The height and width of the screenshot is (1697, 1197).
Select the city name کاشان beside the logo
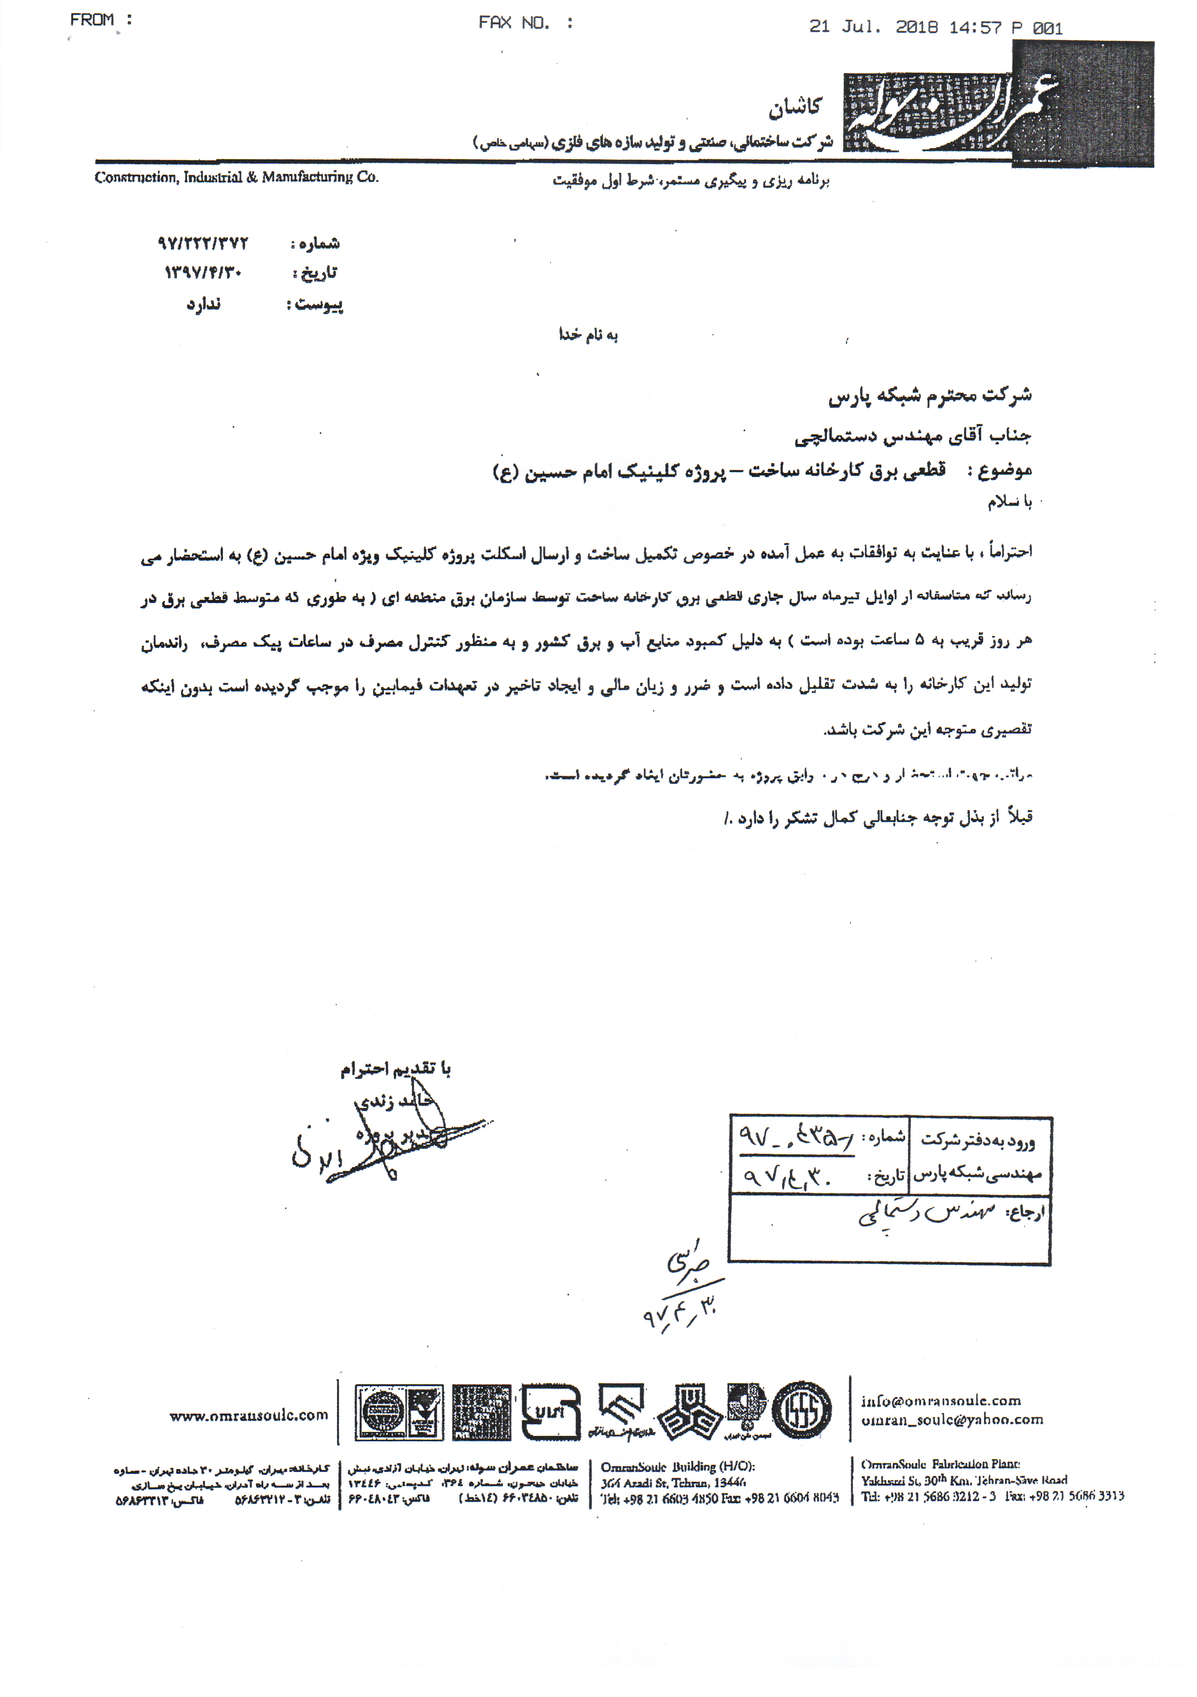point(794,108)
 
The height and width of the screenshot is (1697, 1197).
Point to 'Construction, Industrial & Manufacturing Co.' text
point(237,177)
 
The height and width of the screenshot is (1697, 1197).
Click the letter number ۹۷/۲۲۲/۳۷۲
point(203,243)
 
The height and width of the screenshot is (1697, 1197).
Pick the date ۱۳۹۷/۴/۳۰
point(203,273)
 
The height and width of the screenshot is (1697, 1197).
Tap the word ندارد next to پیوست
point(203,304)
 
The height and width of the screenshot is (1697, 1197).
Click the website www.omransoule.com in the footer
point(248,1415)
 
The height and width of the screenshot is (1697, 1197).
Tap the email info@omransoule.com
point(940,1401)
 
